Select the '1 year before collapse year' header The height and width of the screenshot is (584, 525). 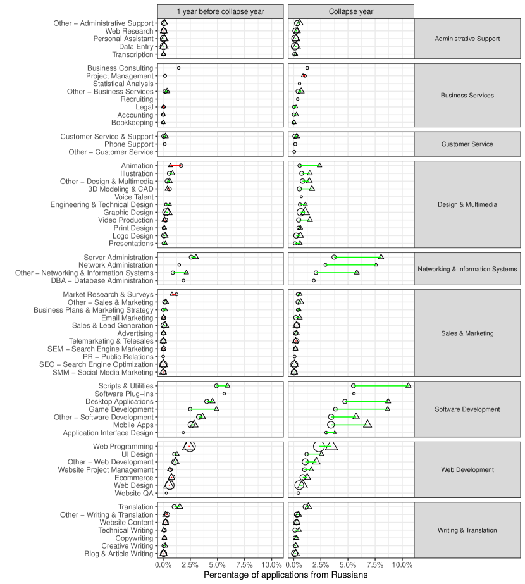pyautogui.click(x=221, y=11)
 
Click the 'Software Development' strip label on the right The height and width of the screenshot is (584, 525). pyautogui.click(x=467, y=409)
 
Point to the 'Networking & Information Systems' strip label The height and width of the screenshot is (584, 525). pyautogui.click(x=467, y=269)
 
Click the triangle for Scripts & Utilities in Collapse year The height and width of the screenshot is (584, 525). pyautogui.click(x=409, y=385)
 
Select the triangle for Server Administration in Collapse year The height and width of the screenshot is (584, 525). pyautogui.click(x=381, y=257)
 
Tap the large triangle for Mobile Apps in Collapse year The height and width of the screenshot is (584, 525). pyautogui.click(x=367, y=425)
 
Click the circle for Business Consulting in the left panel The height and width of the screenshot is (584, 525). pyautogui.click(x=178, y=68)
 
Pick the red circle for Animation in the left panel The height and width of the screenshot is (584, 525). pyautogui.click(x=181, y=165)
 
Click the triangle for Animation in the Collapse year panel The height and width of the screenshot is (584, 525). pyautogui.click(x=319, y=165)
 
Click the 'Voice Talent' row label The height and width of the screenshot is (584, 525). pyautogui.click(x=132, y=197)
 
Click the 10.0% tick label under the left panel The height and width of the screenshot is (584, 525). pyautogui.click(x=271, y=564)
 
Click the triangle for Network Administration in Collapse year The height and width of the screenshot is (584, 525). pyautogui.click(x=376, y=264)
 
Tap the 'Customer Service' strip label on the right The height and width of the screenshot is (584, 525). pyautogui.click(x=467, y=144)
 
